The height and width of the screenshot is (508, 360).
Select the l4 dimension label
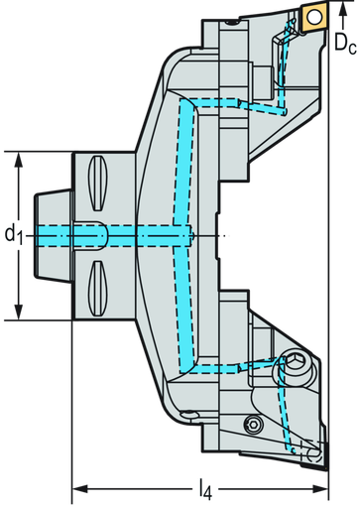point(202,488)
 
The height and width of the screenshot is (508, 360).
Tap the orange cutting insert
point(315,17)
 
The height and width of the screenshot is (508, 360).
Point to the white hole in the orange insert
point(315,17)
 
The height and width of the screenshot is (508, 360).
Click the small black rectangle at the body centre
point(217,235)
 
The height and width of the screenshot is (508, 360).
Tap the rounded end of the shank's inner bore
point(103,235)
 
